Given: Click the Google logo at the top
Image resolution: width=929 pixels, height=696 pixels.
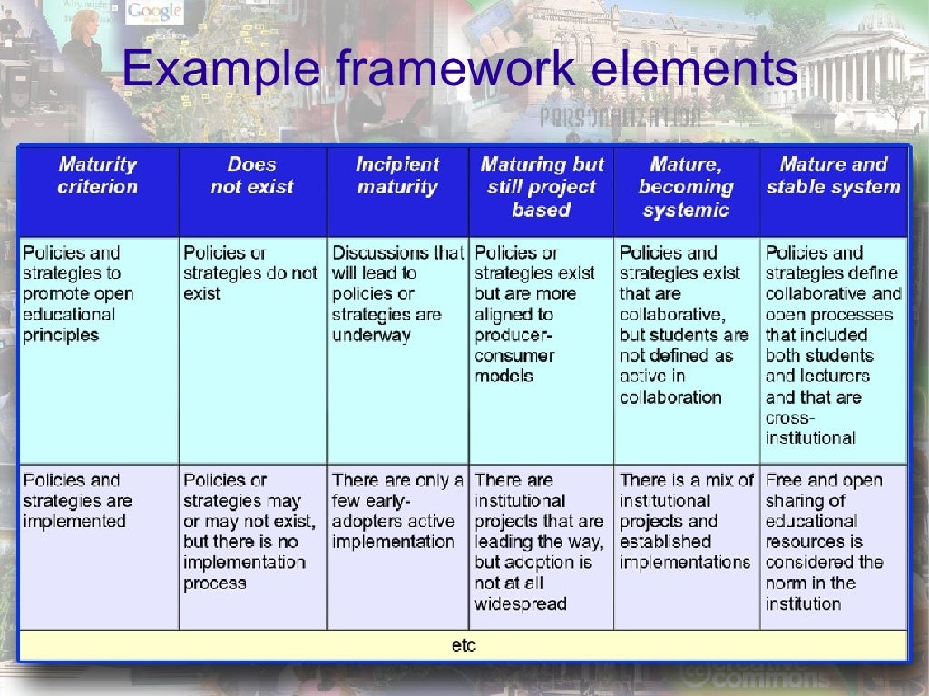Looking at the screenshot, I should pos(155,12).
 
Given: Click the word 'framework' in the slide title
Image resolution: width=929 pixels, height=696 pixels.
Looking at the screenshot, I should pos(461,72).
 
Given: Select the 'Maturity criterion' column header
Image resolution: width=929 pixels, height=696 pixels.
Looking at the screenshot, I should pos(97,176).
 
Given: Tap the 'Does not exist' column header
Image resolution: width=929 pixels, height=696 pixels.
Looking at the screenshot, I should pos(252,176).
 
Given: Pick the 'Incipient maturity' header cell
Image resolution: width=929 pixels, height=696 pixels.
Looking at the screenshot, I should pos(397,176).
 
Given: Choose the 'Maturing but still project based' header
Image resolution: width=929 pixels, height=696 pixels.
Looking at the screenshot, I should pos(542,187).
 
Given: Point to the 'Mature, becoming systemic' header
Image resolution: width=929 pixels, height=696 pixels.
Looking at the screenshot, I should pos(686,187).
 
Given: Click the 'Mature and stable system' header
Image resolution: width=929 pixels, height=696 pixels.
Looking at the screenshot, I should pos(833,176).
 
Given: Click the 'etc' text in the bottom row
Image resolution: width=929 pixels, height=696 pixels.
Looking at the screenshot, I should pos(464,645).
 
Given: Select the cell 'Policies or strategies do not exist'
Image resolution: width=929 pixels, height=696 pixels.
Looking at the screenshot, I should pos(250,273).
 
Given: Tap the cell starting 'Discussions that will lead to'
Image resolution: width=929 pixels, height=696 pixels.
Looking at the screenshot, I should pos(397,294).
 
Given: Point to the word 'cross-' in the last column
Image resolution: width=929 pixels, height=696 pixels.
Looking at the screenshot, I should pos(790,417).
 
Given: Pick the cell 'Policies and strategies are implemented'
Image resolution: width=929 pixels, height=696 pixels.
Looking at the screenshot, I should pos(77,501).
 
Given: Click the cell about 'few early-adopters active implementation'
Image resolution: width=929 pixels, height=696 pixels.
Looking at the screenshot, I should pos(397,511).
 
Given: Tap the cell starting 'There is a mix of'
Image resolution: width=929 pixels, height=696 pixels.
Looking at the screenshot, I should pos(686,521).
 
